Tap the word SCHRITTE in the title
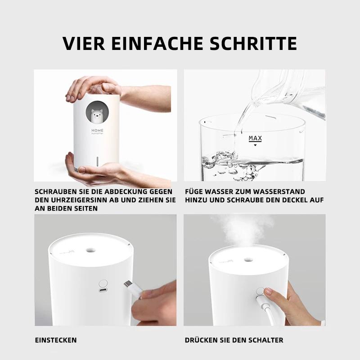254,44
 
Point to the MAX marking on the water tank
255,138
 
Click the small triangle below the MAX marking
255,145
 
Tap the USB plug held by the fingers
131,287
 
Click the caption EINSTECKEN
56,340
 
